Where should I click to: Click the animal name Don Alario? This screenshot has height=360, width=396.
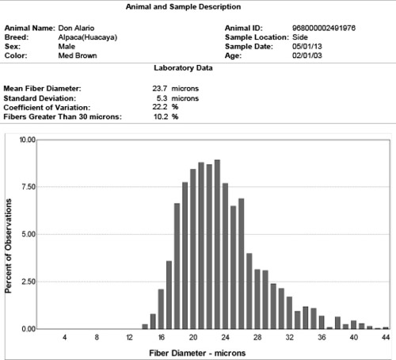(76, 28)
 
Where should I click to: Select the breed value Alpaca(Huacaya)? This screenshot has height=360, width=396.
(88, 37)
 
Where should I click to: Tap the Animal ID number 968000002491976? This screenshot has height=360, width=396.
(324, 28)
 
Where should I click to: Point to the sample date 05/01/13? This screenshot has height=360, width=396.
(307, 47)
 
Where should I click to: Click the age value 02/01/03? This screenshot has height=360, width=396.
(307, 56)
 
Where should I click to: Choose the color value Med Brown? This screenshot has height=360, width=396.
(78, 56)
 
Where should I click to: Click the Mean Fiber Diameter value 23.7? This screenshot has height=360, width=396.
(160, 89)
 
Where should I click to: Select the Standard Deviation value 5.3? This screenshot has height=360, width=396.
(162, 98)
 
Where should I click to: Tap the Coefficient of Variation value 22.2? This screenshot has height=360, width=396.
(160, 107)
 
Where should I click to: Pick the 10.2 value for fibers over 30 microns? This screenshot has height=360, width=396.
(161, 117)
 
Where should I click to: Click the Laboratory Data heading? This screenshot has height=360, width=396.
(183, 68)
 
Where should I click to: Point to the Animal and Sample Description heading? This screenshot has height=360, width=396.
(183, 7)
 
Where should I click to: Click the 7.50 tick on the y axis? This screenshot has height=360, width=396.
(29, 187)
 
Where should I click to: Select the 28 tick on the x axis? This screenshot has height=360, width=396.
(257, 337)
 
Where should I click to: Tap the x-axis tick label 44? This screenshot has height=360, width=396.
(386, 337)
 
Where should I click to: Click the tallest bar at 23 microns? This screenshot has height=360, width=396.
(217, 244)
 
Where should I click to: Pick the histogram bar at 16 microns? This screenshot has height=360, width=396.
(161, 309)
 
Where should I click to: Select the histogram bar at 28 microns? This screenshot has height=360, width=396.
(257, 299)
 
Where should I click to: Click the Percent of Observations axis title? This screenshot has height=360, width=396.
(9, 246)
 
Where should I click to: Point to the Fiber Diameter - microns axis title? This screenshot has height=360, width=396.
(197, 353)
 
